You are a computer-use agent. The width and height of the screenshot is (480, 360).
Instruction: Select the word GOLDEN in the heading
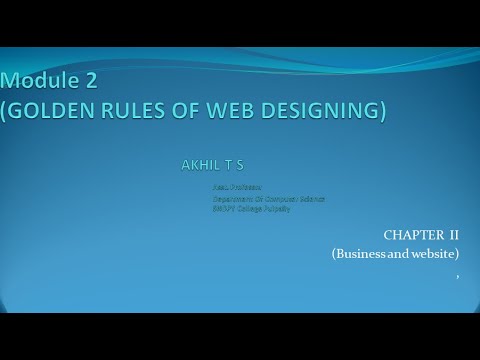click(51, 111)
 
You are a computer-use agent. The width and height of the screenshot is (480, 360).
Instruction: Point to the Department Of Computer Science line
click(268, 198)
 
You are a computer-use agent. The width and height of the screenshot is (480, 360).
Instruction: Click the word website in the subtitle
click(433, 254)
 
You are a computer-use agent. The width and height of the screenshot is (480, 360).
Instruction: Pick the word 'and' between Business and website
click(396, 254)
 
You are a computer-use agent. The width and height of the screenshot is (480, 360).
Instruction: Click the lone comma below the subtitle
click(457, 274)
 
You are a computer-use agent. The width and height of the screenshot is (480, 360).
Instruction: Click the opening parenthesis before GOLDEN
click(5, 111)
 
